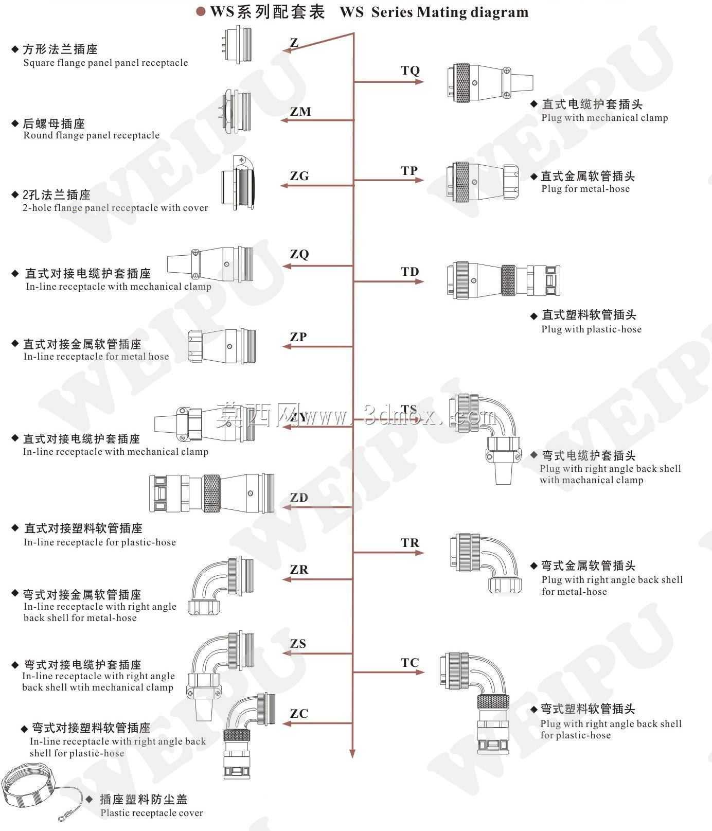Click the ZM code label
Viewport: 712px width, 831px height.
tap(300, 111)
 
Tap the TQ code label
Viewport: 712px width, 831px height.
tap(410, 70)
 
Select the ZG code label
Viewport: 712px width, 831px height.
tap(299, 176)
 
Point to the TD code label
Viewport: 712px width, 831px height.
tap(410, 272)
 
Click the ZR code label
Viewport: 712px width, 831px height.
tap(299, 570)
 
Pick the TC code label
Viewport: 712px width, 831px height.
tap(410, 662)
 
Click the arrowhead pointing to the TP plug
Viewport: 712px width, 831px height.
tap(420, 180)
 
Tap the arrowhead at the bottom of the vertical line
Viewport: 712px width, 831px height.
tap(352, 754)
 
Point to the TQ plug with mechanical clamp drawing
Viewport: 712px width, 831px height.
tap(489, 82)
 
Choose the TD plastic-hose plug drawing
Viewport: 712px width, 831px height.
tap(503, 280)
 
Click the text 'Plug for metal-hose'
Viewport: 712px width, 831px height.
tap(585, 189)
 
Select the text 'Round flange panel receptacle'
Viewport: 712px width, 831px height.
tap(92, 135)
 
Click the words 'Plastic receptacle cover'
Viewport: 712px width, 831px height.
tap(152, 813)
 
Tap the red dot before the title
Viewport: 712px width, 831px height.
tap(201, 11)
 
